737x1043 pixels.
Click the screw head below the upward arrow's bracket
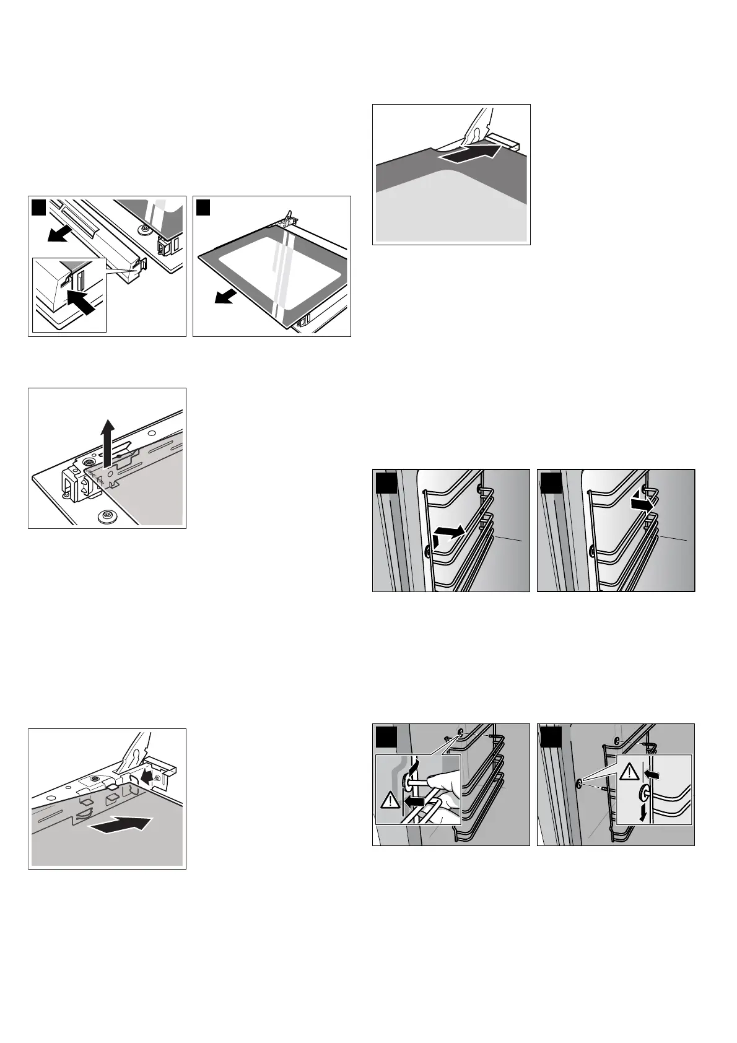[104, 515]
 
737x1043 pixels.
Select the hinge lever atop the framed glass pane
[287, 219]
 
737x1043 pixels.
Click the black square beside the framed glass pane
[204, 207]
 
